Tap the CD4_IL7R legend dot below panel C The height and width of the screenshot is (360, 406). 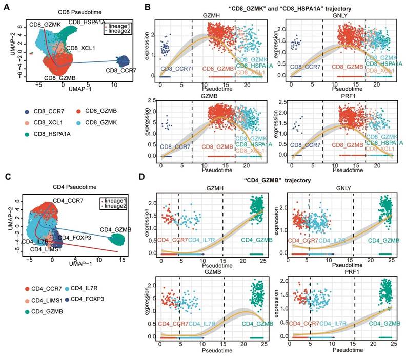(x=66, y=288)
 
